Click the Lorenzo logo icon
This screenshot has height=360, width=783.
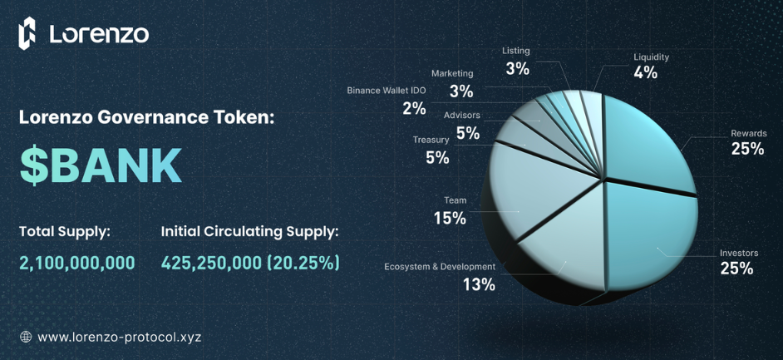tap(27, 33)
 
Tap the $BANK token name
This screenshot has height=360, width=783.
tap(101, 166)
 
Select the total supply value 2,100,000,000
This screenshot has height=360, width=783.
tap(77, 263)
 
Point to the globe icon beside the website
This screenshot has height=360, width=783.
tap(26, 337)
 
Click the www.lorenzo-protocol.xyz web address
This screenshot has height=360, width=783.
tap(119, 337)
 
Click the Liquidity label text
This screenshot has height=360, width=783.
tap(651, 57)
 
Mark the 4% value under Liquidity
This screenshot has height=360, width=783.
tap(645, 72)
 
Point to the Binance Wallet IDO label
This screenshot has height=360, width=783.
tap(387, 90)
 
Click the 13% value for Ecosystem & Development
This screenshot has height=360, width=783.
tap(479, 284)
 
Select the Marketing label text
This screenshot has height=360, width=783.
tap(452, 73)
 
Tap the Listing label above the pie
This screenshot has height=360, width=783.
tap(515, 51)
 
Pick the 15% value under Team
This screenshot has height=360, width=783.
tap(450, 218)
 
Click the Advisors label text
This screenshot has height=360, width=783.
tap(461, 115)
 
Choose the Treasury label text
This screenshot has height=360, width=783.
tap(431, 140)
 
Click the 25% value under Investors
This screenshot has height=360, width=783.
tap(736, 269)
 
